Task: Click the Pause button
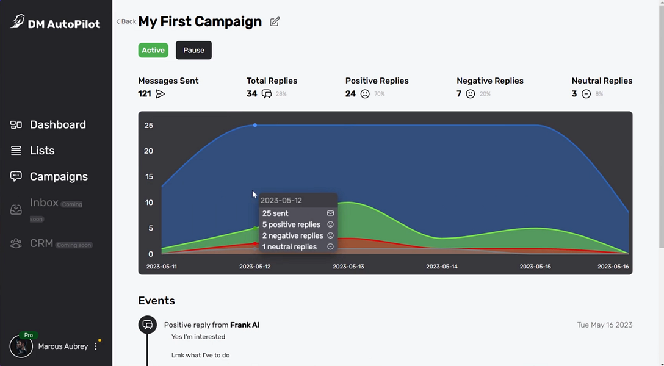(193, 50)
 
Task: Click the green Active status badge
(153, 50)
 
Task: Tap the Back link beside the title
(126, 21)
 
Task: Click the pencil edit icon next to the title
(275, 22)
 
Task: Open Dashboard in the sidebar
(57, 124)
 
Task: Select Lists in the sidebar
(42, 151)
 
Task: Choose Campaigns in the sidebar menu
(59, 177)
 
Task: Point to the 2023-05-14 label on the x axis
(441, 267)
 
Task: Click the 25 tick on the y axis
(148, 126)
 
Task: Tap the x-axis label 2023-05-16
(613, 267)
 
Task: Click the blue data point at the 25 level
(255, 125)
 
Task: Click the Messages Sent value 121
(145, 94)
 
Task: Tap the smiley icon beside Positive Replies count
(365, 94)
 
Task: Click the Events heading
(156, 301)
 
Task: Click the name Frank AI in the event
(244, 325)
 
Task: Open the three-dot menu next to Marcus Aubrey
(96, 346)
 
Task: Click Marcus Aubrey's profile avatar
(21, 346)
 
